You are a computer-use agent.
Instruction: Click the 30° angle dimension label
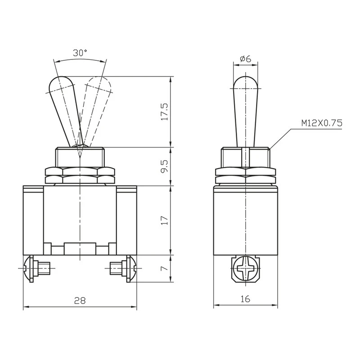[80, 53]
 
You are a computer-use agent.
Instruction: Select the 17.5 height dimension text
[165, 112]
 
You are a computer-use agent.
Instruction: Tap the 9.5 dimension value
[165, 166]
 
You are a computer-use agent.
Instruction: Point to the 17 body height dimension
[165, 220]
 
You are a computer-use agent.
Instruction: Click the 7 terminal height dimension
[165, 268]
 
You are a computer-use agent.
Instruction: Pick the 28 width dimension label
[80, 300]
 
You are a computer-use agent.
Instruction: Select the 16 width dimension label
[245, 299]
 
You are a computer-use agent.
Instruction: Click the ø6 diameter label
[245, 59]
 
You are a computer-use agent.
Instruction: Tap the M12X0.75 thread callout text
[322, 123]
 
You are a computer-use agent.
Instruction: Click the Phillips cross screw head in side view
[245, 268]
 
